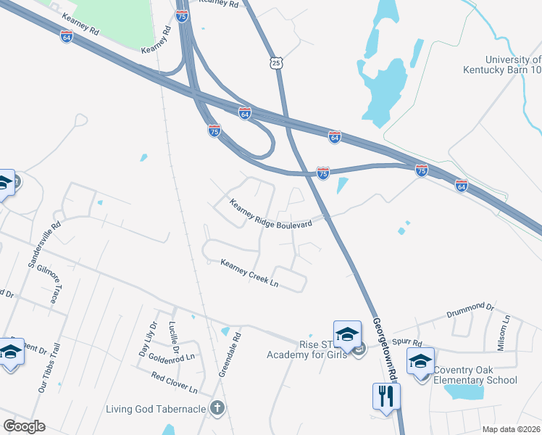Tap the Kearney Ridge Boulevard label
(x=271, y=215)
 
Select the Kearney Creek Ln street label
(x=249, y=272)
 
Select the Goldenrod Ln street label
(x=172, y=357)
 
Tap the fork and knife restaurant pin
(x=385, y=396)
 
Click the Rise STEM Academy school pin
(x=347, y=333)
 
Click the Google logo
(x=25, y=426)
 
